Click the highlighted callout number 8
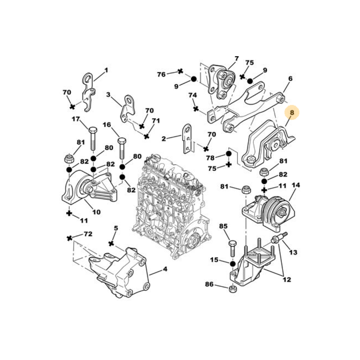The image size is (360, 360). [x=292, y=112]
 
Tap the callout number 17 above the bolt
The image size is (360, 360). [x=76, y=119]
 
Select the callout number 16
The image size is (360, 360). [x=107, y=125]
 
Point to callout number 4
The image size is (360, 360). [x=165, y=269]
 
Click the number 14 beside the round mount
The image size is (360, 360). [x=296, y=185]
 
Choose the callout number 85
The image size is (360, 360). [x=223, y=226]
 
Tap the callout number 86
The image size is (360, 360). [x=209, y=284]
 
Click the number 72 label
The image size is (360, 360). [x=88, y=234]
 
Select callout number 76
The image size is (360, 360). [x=161, y=75]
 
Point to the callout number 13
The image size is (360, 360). [x=293, y=252]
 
